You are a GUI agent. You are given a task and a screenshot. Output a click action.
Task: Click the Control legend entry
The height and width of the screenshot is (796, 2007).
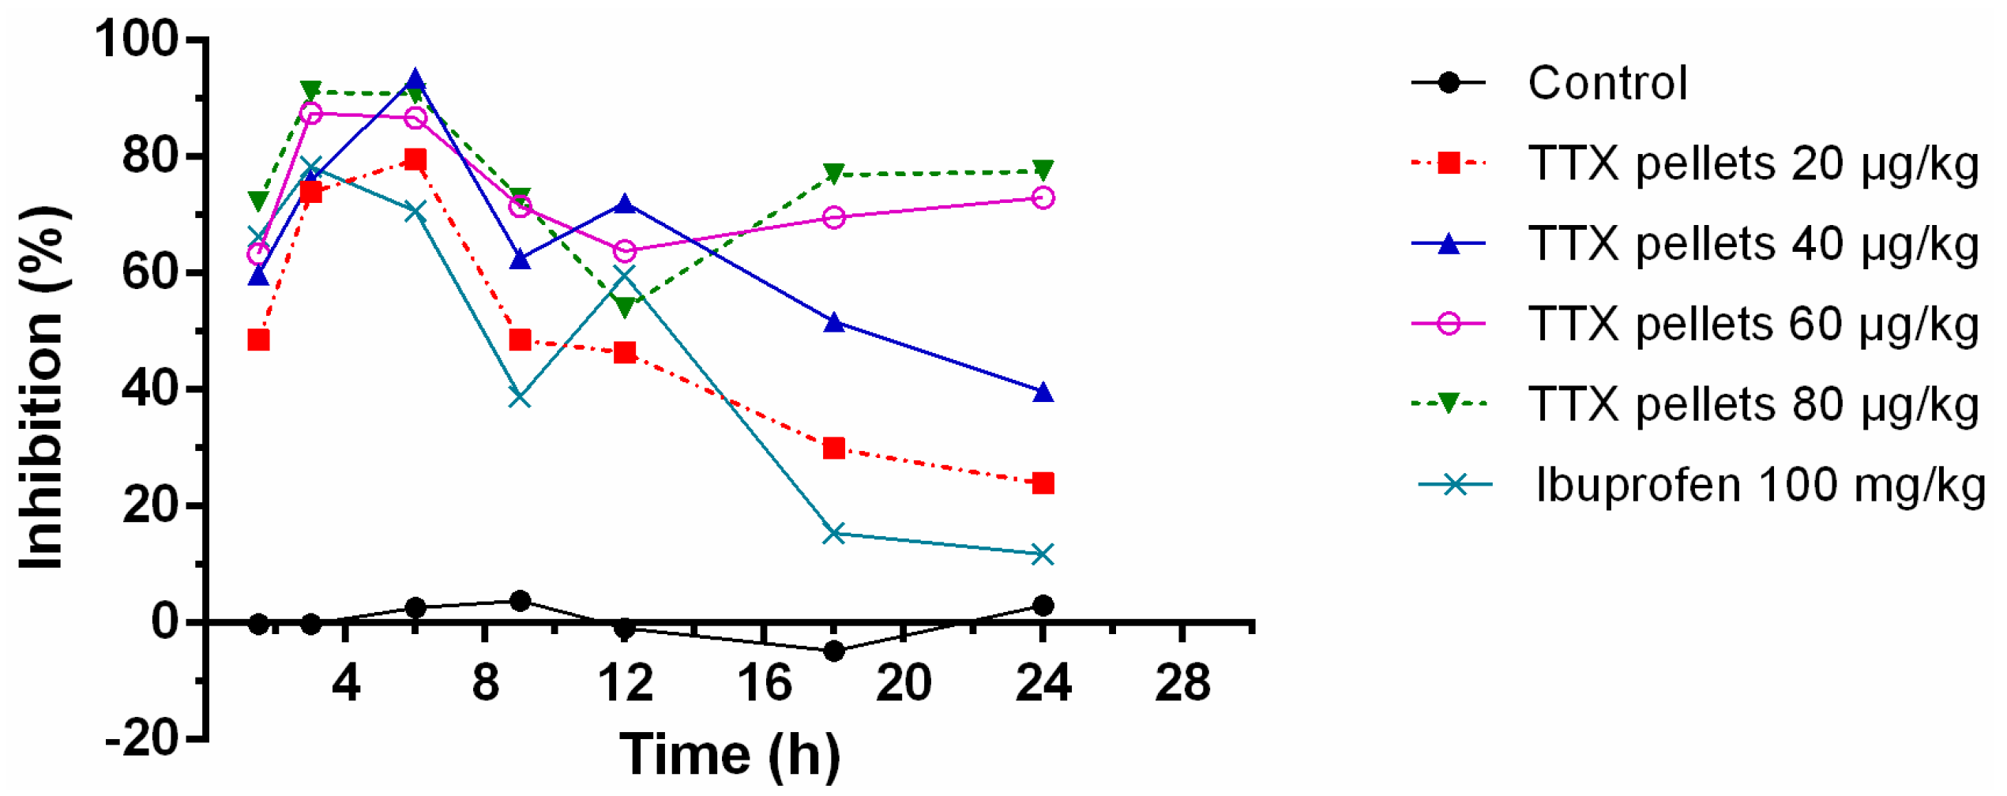click(1607, 83)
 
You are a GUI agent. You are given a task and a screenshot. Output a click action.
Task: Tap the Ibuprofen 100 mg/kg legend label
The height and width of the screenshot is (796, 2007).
click(1760, 485)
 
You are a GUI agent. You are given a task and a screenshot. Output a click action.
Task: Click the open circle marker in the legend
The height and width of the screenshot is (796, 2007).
click(1449, 324)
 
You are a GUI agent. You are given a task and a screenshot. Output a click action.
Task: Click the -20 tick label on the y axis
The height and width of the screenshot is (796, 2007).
click(142, 740)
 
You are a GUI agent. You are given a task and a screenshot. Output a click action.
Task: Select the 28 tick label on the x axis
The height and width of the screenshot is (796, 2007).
click(1182, 683)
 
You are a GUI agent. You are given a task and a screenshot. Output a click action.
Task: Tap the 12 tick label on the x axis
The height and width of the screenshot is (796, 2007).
click(625, 683)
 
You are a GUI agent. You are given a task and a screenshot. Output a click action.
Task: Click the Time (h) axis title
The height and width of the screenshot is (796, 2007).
click(730, 755)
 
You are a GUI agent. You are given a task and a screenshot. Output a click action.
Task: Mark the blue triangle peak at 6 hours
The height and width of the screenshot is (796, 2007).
click(415, 81)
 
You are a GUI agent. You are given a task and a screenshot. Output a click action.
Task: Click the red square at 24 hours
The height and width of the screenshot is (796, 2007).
click(1043, 483)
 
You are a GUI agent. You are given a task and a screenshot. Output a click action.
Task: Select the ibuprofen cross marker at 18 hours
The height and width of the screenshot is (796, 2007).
click(834, 534)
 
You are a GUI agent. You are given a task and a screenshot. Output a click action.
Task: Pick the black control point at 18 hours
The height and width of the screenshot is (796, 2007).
click(834, 651)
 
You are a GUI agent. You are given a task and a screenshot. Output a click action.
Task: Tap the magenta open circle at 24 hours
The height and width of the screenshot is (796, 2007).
click(1043, 197)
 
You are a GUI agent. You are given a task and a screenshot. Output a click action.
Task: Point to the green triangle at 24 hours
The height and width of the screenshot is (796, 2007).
click(1043, 171)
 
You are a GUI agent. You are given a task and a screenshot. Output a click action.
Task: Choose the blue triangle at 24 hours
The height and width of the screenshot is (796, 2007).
click(1043, 392)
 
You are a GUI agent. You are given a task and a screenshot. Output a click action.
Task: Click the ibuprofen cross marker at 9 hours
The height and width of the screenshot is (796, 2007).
click(520, 397)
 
